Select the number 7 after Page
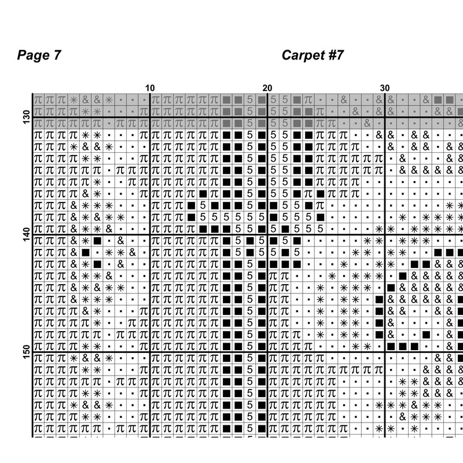tap(57, 56)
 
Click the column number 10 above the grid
tap(150, 88)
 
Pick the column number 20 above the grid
tap(267, 88)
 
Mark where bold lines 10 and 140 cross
tap(150, 235)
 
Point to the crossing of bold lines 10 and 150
tap(150, 352)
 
